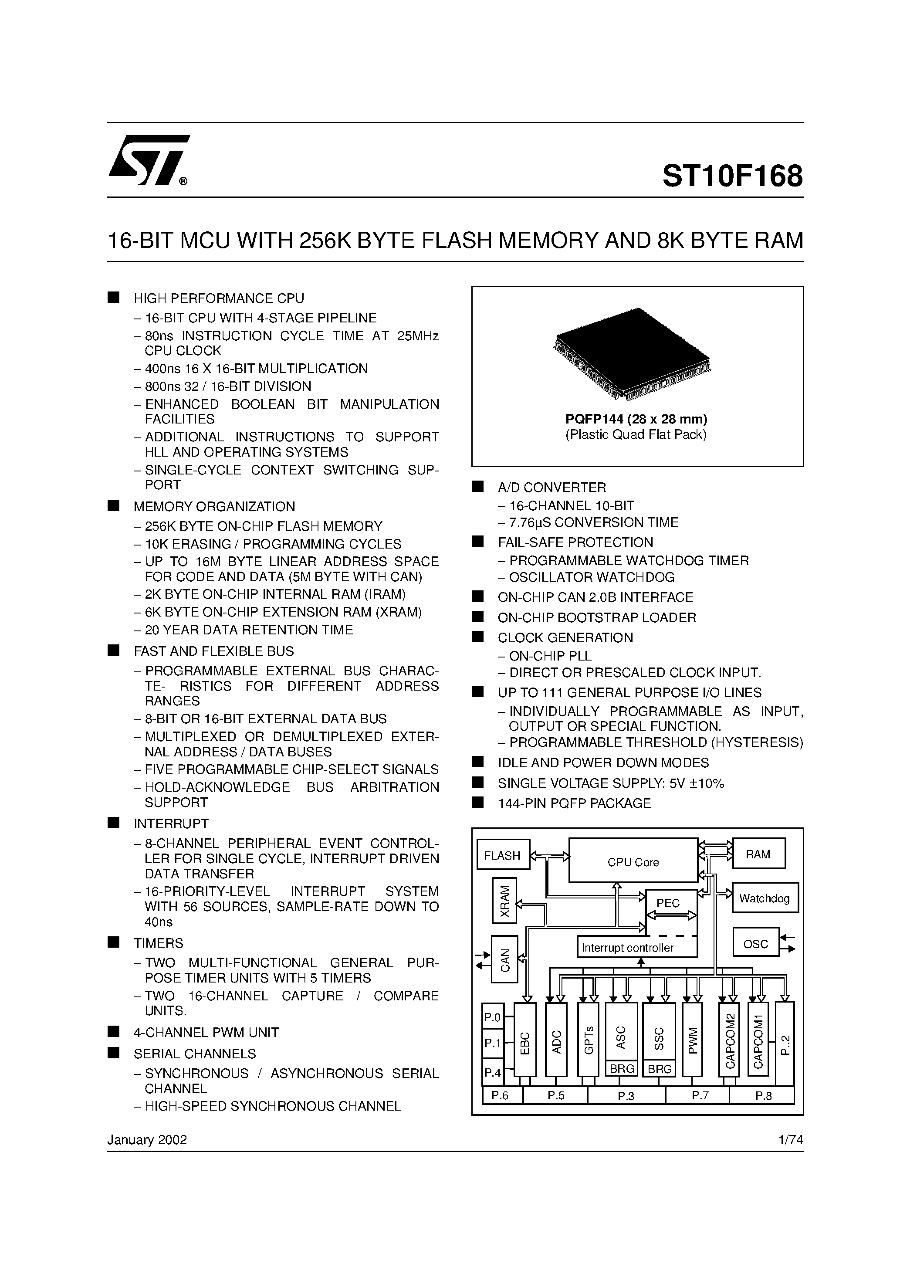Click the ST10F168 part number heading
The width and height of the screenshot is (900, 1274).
(x=732, y=176)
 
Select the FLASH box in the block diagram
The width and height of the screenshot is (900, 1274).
(x=503, y=855)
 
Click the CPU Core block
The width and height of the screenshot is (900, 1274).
(x=633, y=861)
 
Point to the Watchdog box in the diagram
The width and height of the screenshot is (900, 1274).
(x=765, y=898)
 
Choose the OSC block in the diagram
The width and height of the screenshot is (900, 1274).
(x=756, y=944)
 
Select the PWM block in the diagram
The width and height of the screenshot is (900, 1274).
(x=692, y=1039)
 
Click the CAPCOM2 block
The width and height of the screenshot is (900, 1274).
(x=730, y=1039)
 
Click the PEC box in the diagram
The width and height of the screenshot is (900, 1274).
(x=669, y=903)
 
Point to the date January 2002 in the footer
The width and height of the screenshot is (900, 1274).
(x=147, y=1140)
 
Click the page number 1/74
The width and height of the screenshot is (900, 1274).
(x=791, y=1140)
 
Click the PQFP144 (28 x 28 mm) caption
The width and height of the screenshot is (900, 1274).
(x=636, y=419)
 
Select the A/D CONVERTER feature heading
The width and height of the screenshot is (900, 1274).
(x=552, y=488)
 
